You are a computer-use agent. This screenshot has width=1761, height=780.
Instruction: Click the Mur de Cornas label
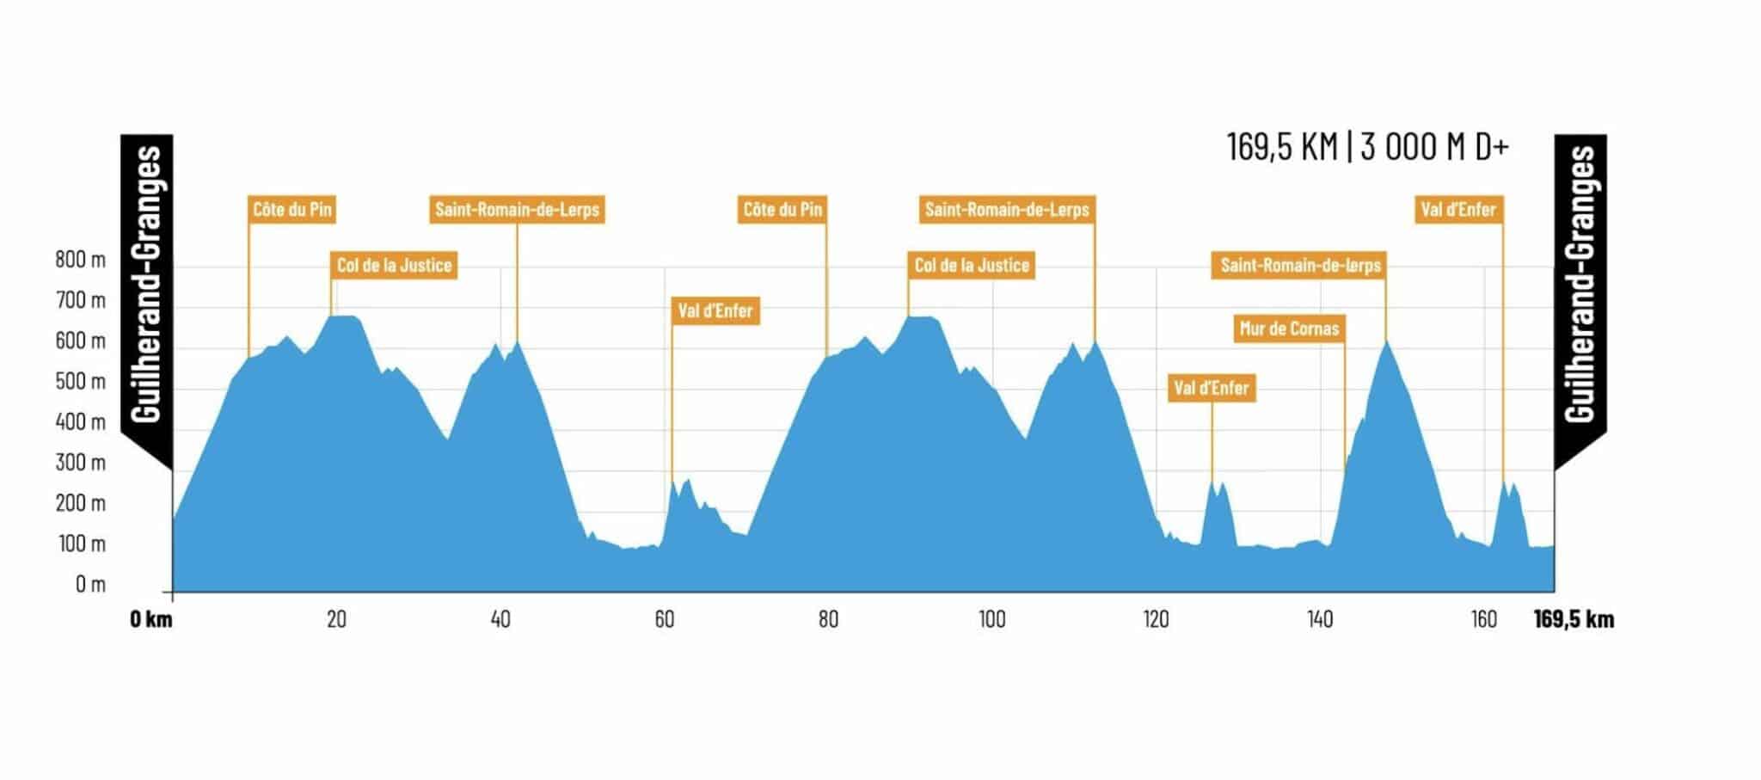coord(1289,329)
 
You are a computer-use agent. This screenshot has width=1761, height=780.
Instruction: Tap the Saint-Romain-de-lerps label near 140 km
coord(1300,265)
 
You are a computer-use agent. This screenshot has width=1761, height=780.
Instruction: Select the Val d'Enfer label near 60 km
coord(715,310)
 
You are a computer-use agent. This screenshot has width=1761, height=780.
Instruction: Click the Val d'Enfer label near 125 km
coord(1211,388)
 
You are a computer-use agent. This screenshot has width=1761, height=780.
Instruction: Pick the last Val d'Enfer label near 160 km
coord(1458,209)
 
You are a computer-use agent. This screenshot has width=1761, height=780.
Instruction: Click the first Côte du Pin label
coord(291,209)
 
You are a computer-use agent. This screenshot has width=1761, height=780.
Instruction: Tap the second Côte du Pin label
coord(782,209)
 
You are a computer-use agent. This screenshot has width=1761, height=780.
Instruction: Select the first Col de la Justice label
coord(394,265)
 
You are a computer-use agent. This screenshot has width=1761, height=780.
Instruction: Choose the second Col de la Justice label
coord(972,265)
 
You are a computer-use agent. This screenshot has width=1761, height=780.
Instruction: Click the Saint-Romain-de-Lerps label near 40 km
coord(517,209)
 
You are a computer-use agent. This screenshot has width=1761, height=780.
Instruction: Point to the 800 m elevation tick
coord(81,260)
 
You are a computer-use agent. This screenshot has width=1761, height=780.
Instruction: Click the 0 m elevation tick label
coord(90,585)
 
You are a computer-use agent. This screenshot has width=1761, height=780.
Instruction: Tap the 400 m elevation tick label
coord(81,422)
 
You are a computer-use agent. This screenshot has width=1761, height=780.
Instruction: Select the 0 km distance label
coord(151,619)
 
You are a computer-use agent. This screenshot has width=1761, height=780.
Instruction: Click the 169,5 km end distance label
coord(1574,619)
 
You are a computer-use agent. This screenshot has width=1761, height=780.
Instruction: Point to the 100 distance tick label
coord(991,619)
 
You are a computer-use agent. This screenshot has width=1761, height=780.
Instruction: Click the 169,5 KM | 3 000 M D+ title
coord(1367,147)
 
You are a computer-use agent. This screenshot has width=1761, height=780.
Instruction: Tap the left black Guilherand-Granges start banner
coord(148,284)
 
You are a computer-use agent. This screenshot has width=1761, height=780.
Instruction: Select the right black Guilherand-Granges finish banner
coord(1580,284)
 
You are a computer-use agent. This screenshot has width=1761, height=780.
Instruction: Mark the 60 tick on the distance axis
coord(664,619)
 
